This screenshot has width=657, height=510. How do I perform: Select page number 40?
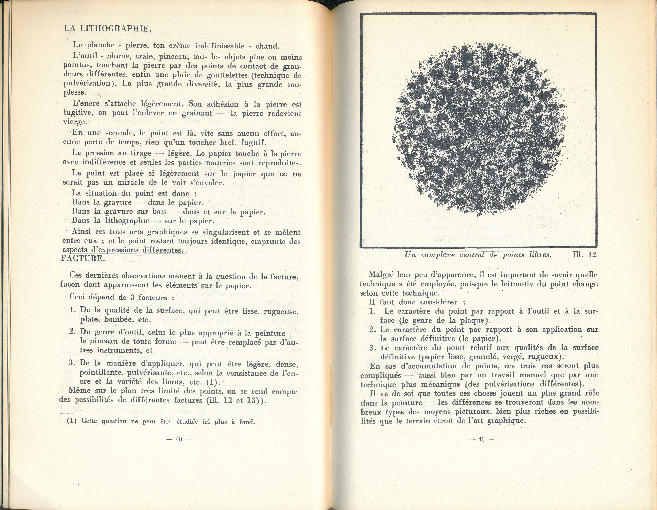coord(179,439)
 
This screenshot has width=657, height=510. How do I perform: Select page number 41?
coord(481,439)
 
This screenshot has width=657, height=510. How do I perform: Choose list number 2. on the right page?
coord(373,330)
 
